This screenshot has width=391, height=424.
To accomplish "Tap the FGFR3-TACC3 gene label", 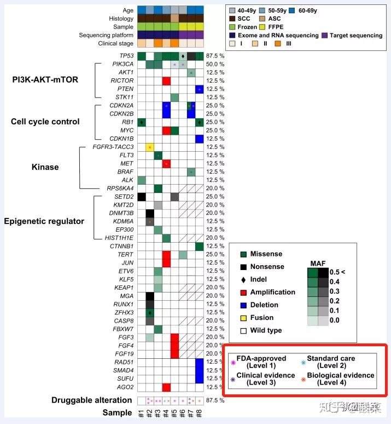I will [113, 147].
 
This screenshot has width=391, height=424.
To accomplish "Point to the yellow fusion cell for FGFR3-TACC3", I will [149, 147].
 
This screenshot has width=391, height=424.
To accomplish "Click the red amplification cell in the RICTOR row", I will [166, 81].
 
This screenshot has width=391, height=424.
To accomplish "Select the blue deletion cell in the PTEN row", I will [199, 89].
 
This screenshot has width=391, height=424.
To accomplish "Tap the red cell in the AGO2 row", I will [166, 387].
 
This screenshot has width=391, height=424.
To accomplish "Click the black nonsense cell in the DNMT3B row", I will [149, 213].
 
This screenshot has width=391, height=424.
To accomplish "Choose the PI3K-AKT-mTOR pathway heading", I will [45, 80].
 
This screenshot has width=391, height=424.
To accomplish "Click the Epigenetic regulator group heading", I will [44, 221].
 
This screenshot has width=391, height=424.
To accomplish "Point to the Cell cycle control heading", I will [45, 122].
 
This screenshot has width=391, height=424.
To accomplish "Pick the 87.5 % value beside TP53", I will [214, 56].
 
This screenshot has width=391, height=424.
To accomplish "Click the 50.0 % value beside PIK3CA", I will [214, 65].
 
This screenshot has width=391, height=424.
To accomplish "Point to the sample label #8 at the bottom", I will [199, 412].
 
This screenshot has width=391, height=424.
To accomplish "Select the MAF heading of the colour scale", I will [318, 263].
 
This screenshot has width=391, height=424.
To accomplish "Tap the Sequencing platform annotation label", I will [106, 35].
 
